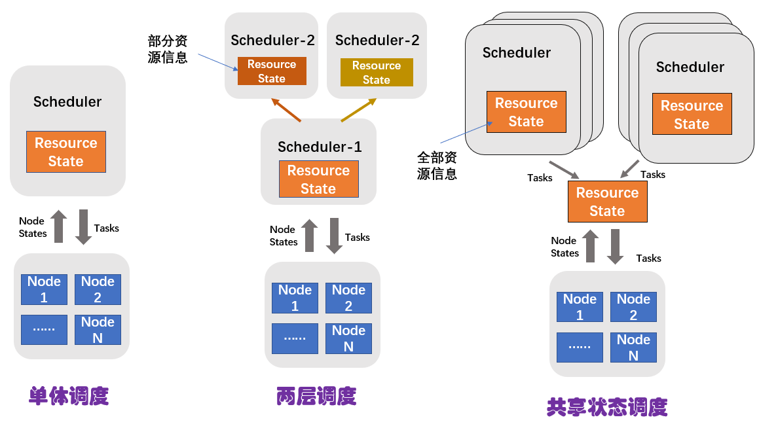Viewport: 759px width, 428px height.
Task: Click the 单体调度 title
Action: (x=68, y=396)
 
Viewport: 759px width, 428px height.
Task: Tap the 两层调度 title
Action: (x=316, y=396)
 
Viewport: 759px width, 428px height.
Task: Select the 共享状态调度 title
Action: (x=606, y=407)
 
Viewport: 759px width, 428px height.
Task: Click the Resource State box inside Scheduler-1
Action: (x=318, y=179)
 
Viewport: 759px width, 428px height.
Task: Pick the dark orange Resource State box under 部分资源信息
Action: (x=272, y=71)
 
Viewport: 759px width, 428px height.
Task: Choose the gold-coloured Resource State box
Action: (x=377, y=73)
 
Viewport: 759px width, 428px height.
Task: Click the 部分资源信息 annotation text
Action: (x=168, y=49)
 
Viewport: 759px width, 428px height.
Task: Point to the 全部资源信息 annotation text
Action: (x=437, y=166)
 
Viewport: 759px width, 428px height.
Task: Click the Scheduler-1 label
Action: (x=320, y=147)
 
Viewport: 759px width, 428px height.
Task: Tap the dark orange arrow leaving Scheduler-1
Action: (x=286, y=110)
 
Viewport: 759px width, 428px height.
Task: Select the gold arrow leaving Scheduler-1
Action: (x=359, y=110)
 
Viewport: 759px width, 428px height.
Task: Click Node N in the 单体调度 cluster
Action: (x=98, y=330)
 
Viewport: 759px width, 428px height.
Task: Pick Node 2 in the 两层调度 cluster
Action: (x=348, y=298)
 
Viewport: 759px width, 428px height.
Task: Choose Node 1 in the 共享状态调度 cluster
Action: (x=580, y=307)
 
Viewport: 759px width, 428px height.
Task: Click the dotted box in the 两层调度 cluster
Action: (x=295, y=338)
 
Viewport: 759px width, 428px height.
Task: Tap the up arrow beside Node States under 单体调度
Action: (x=59, y=227)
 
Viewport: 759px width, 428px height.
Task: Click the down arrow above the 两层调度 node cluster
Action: (x=334, y=236)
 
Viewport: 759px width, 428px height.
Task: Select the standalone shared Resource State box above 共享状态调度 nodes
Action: (x=607, y=202)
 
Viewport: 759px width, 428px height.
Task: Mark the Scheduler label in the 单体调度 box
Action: (x=67, y=101)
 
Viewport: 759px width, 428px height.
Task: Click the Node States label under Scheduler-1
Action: (x=283, y=236)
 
